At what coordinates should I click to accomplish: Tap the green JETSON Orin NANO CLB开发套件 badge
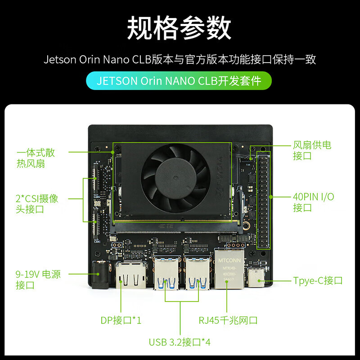coord(180,81)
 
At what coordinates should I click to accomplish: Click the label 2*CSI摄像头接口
coord(36,204)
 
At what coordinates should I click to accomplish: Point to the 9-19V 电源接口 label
coord(38,279)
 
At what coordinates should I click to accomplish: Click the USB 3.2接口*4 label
coord(180,342)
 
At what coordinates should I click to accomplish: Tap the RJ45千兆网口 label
coord(228,320)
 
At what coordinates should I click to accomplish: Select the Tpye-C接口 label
coord(318,281)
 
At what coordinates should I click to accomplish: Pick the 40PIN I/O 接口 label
coord(314,202)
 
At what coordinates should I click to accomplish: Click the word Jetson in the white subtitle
coord(59,59)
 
